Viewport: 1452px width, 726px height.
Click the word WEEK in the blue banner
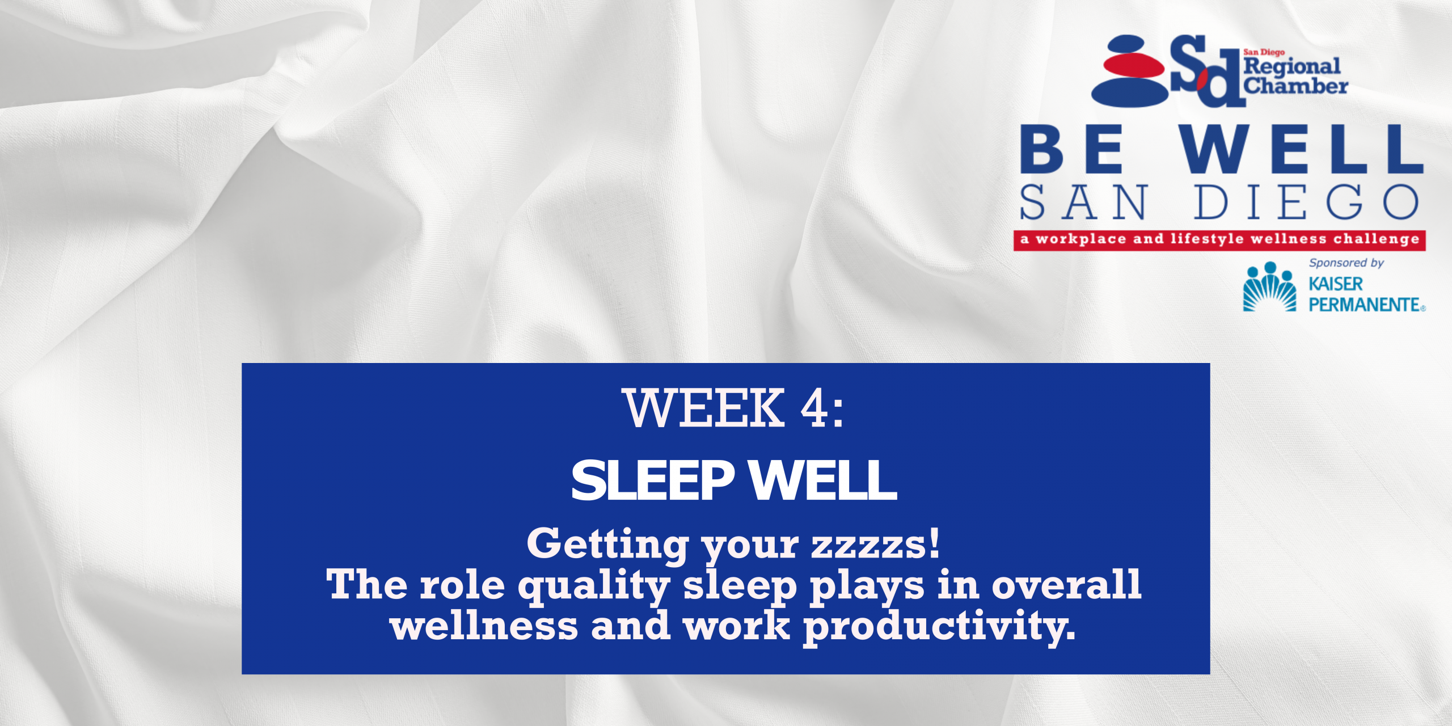tap(703, 408)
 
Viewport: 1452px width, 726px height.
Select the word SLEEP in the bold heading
tap(653, 480)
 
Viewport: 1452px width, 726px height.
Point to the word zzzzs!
tap(876, 544)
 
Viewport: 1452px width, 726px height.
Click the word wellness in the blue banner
tap(484, 626)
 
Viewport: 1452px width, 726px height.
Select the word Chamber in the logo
tap(1295, 86)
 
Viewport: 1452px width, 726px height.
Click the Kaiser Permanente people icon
tap(1269, 286)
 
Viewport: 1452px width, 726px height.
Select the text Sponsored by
tap(1347, 263)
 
